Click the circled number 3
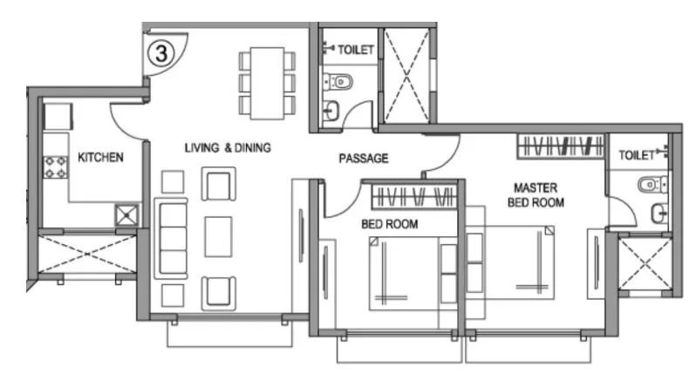point(161,52)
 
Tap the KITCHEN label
point(101,158)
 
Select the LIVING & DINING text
point(227,147)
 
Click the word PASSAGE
point(363,158)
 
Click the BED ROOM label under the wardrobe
point(389,224)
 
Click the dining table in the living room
point(265,84)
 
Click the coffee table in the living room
point(218,236)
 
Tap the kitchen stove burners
point(56,166)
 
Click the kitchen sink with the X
point(127,214)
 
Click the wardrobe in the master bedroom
point(560,146)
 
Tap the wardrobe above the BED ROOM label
point(414,196)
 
